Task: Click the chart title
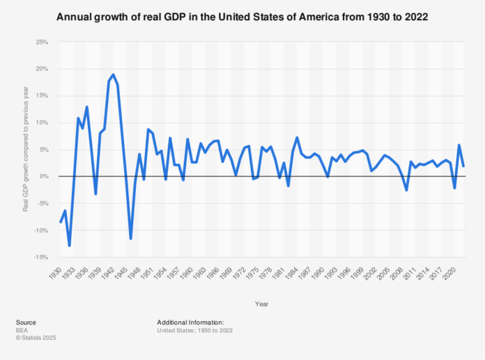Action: tap(243, 17)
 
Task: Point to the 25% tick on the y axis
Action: tap(42, 42)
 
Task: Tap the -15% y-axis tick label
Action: tap(42, 258)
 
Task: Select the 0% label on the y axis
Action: tap(45, 176)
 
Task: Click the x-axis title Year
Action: tap(262, 304)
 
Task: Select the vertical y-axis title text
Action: tap(26, 149)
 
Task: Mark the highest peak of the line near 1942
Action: tap(113, 75)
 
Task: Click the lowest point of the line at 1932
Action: tap(69, 246)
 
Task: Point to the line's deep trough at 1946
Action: tap(131, 239)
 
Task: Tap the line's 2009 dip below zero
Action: tap(406, 190)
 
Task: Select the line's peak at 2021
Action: tap(459, 145)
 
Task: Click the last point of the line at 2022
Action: tap(463, 166)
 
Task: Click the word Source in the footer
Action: tap(26, 322)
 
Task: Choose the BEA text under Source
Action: tap(22, 330)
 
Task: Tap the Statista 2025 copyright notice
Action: tap(36, 338)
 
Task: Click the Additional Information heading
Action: tap(190, 322)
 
